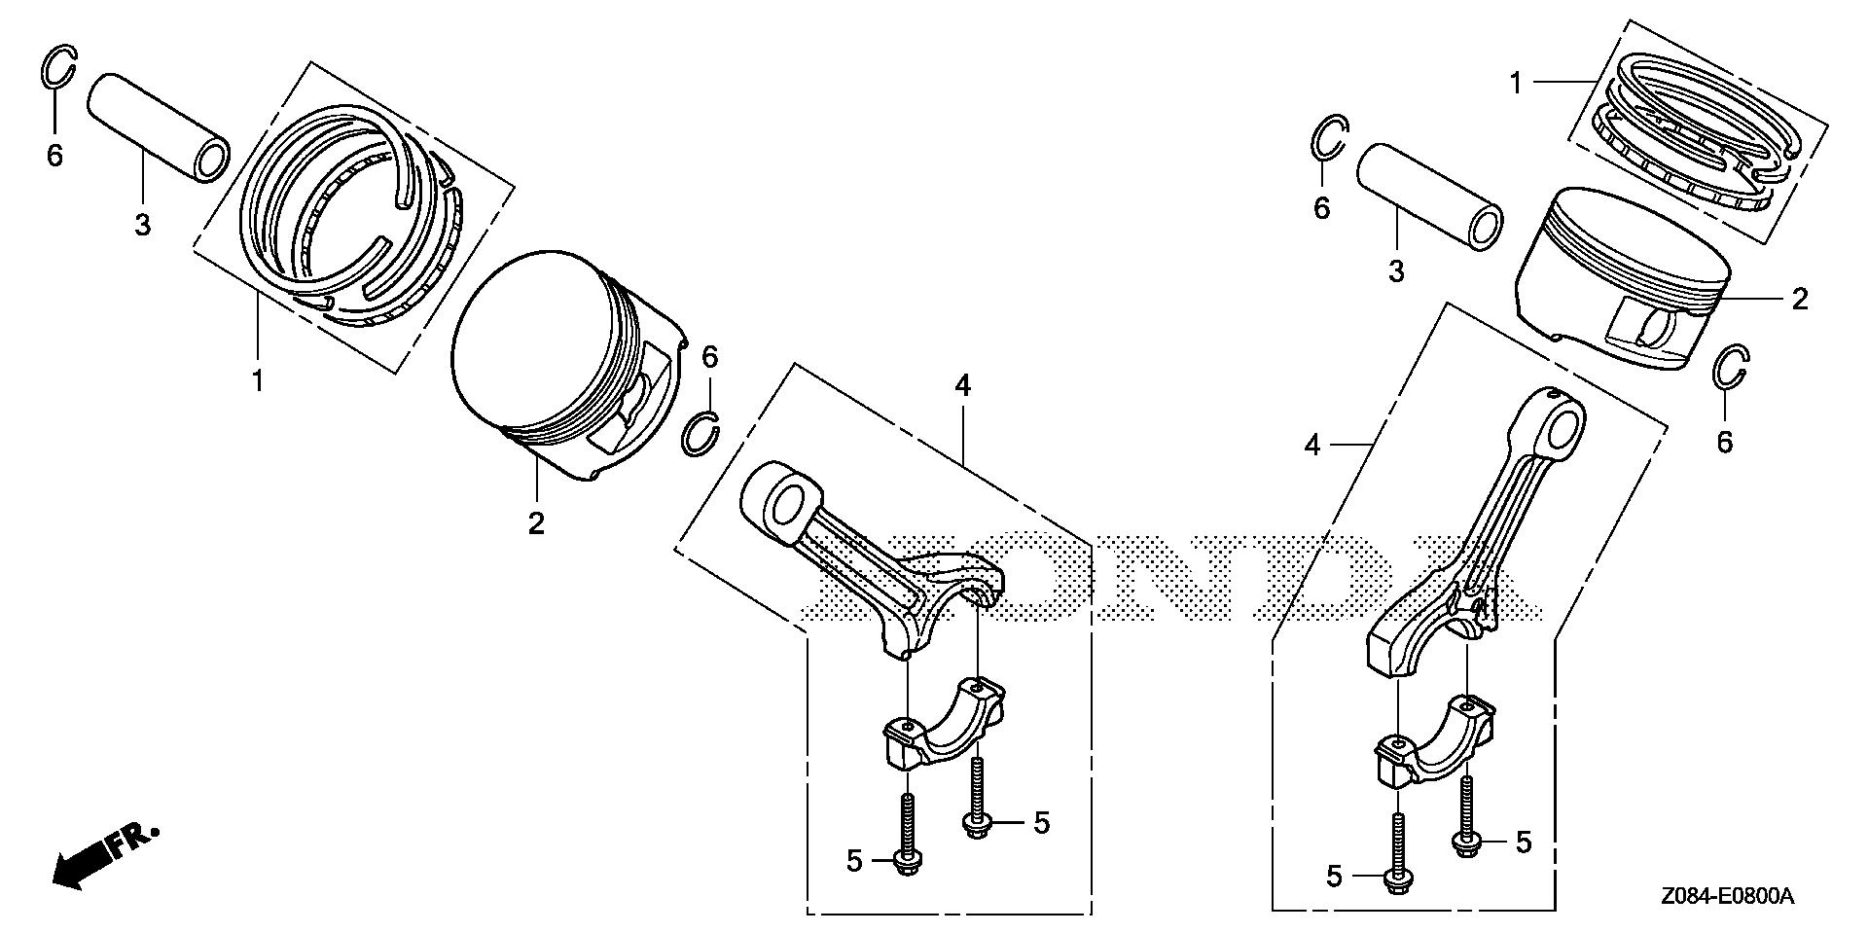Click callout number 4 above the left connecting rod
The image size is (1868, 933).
962,387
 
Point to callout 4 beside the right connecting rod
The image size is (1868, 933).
1313,445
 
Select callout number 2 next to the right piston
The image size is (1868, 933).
1800,299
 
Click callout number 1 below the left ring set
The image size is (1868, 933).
258,380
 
